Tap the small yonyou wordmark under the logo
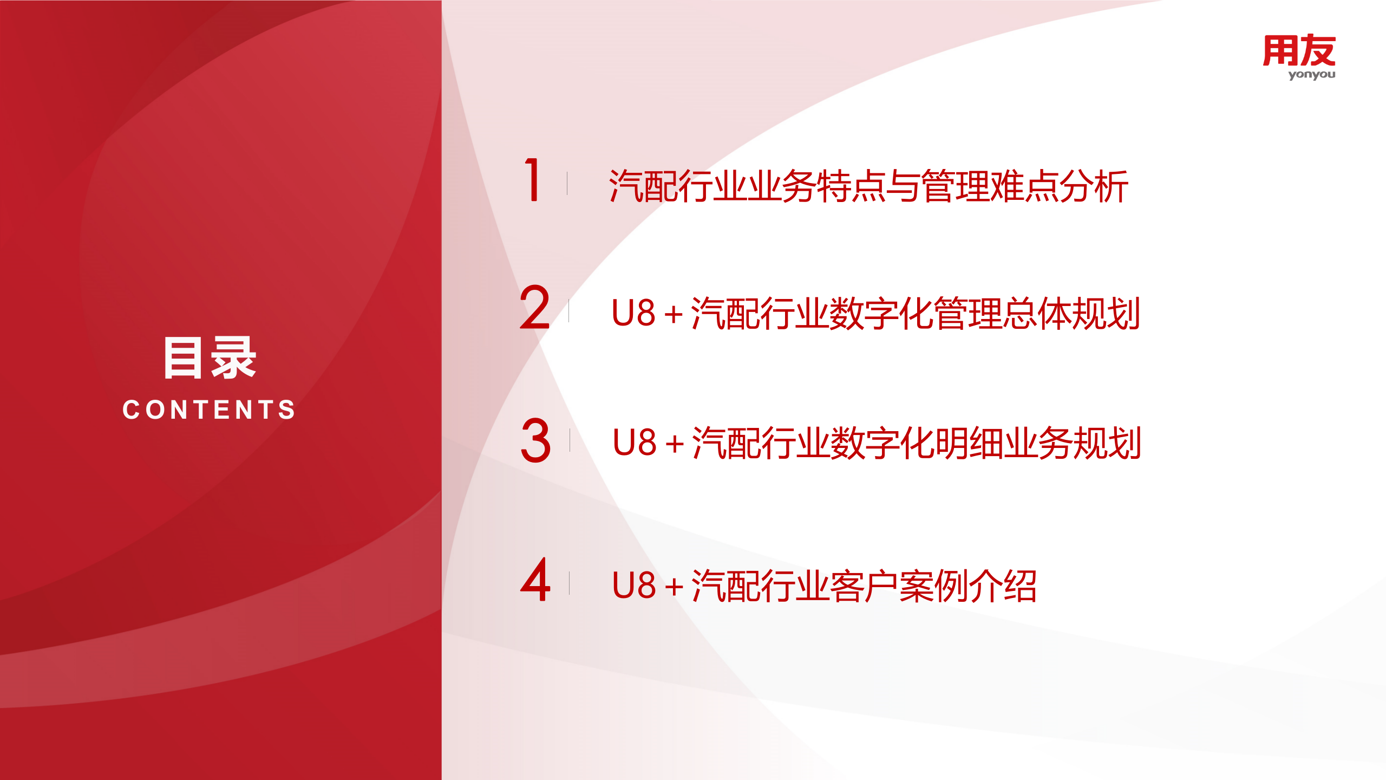(1311, 75)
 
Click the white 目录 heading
(210, 357)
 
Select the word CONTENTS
(210, 409)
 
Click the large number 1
(533, 180)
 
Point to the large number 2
(534, 308)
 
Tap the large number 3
(535, 440)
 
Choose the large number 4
(535, 581)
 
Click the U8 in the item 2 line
(633, 313)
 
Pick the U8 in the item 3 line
(634, 443)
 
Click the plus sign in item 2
(674, 315)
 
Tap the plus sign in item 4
(674, 587)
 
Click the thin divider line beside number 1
(567, 183)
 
